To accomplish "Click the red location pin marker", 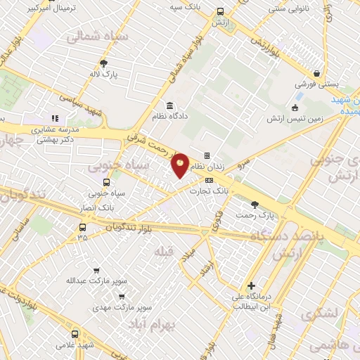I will click(x=181, y=165).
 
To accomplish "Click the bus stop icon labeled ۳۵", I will click(x=83, y=227).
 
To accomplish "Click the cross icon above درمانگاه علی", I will click(x=251, y=286).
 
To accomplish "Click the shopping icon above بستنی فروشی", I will click(x=317, y=73).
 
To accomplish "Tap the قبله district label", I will click(x=162, y=252).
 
